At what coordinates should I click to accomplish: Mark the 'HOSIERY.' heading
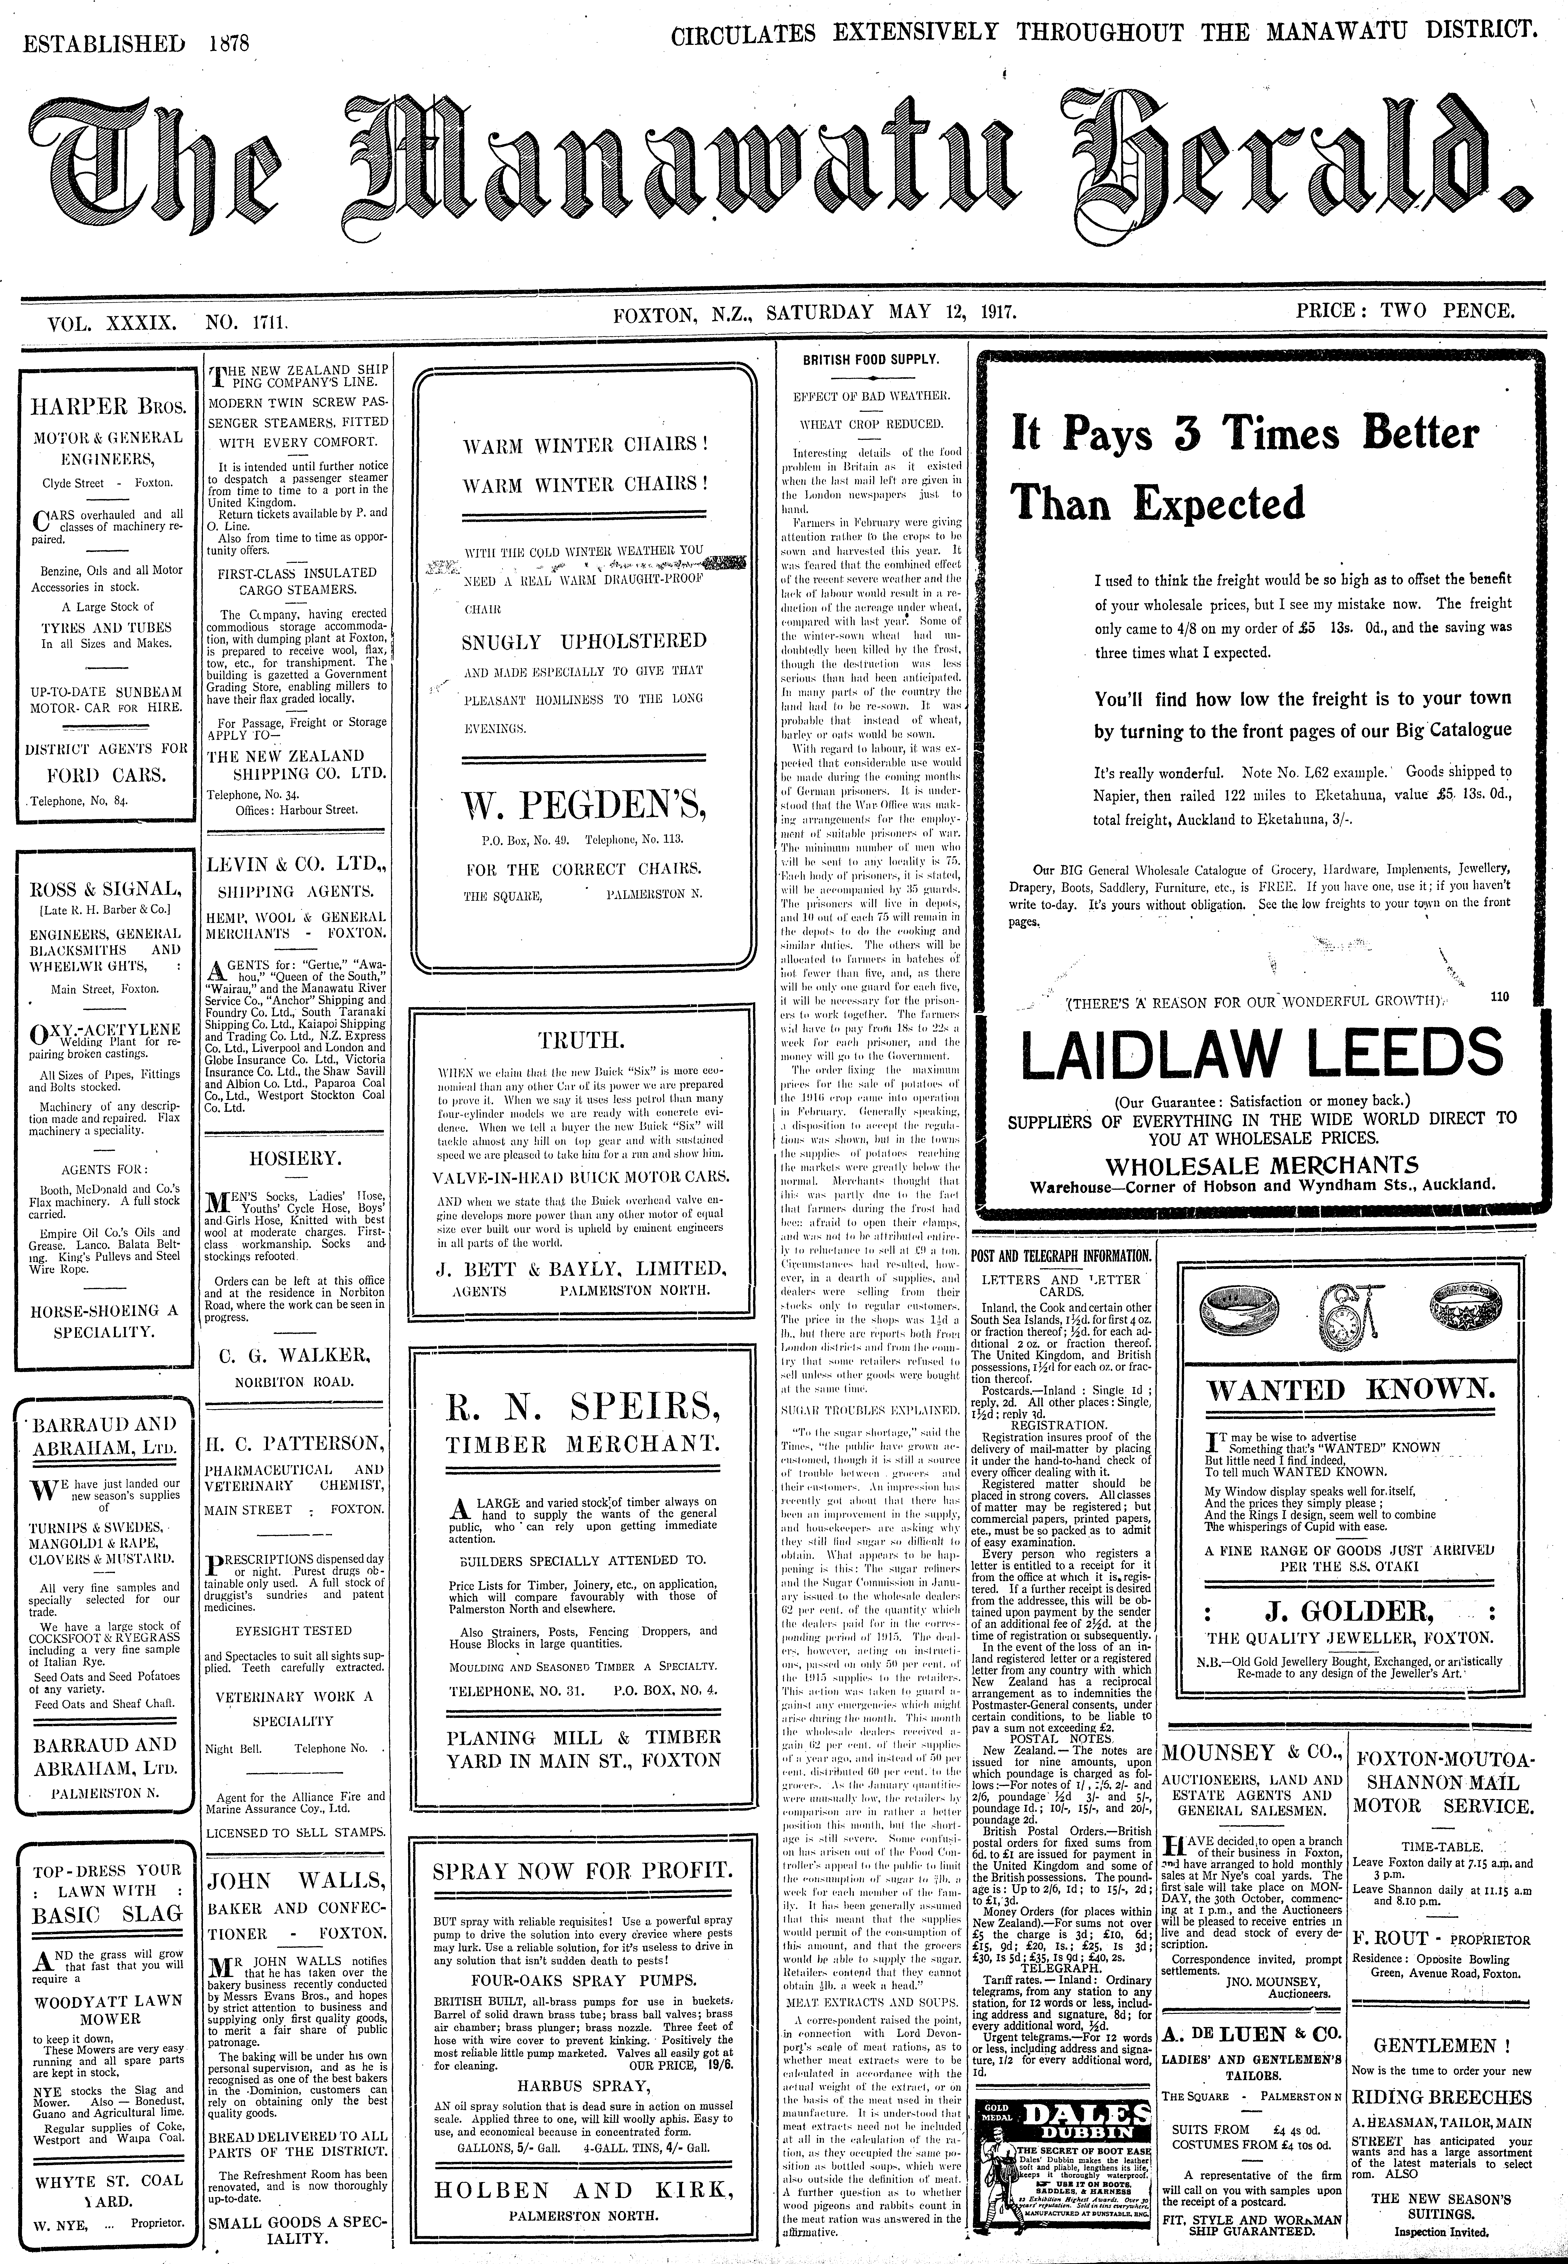[x=295, y=1157]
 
